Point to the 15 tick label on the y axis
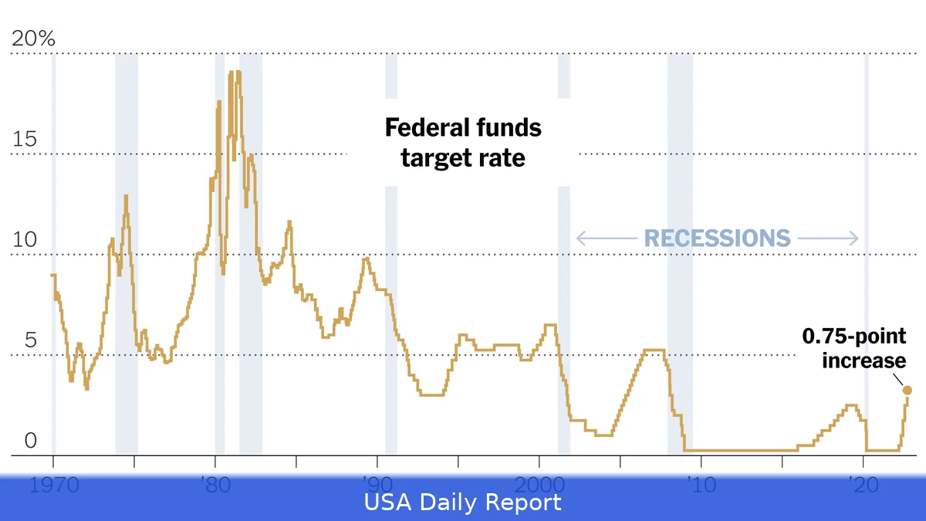point(25,140)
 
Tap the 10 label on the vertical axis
point(25,240)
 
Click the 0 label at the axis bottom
point(30,441)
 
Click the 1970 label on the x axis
point(53,485)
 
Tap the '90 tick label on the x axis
point(377,485)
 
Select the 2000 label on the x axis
point(539,485)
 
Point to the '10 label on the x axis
point(701,485)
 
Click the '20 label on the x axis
point(863,485)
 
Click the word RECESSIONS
point(717,239)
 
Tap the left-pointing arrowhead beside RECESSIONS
point(580,239)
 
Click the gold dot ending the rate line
point(907,390)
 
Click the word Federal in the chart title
point(428,127)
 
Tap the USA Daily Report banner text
point(463,503)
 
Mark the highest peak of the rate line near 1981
point(238,73)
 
